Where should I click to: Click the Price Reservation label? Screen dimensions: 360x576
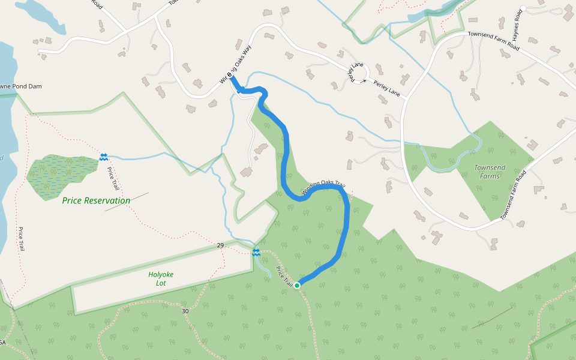point(96,200)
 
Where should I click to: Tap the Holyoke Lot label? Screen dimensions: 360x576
point(161,278)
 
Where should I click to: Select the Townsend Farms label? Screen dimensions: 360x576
point(490,172)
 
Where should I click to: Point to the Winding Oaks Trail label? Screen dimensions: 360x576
point(323,188)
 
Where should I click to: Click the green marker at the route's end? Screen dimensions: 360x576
point(297,285)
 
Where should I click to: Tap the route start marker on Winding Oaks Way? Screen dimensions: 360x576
point(230,75)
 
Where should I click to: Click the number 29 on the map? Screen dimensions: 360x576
point(220,246)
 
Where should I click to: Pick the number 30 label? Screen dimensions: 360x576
point(185,311)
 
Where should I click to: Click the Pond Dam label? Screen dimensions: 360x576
point(22,86)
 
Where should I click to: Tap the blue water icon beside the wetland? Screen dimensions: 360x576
point(104,157)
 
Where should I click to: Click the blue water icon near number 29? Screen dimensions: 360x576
point(256,251)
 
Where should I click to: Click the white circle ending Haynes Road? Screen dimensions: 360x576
point(523,8)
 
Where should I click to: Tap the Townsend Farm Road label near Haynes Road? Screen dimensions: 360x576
point(493,40)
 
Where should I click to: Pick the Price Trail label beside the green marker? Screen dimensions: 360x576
point(284,276)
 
